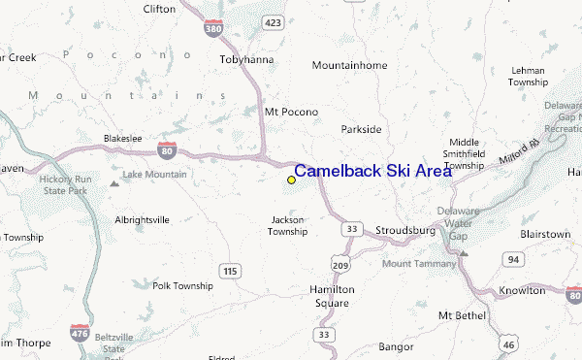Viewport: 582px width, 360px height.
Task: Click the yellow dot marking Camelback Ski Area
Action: tap(291, 180)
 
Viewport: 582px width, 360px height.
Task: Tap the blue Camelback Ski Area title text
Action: tap(372, 171)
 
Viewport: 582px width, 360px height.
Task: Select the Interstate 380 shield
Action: tap(213, 29)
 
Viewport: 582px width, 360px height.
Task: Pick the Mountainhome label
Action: tap(350, 65)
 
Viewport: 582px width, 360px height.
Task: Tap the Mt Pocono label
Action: tap(291, 112)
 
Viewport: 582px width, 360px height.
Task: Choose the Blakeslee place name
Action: tap(123, 139)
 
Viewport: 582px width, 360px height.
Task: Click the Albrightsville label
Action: tap(142, 220)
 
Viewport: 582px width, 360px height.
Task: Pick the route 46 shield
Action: tap(507, 344)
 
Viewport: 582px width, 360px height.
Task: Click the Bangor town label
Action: tap(396, 345)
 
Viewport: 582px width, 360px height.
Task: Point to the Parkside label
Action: tap(361, 129)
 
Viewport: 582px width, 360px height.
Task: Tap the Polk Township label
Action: tap(181, 286)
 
